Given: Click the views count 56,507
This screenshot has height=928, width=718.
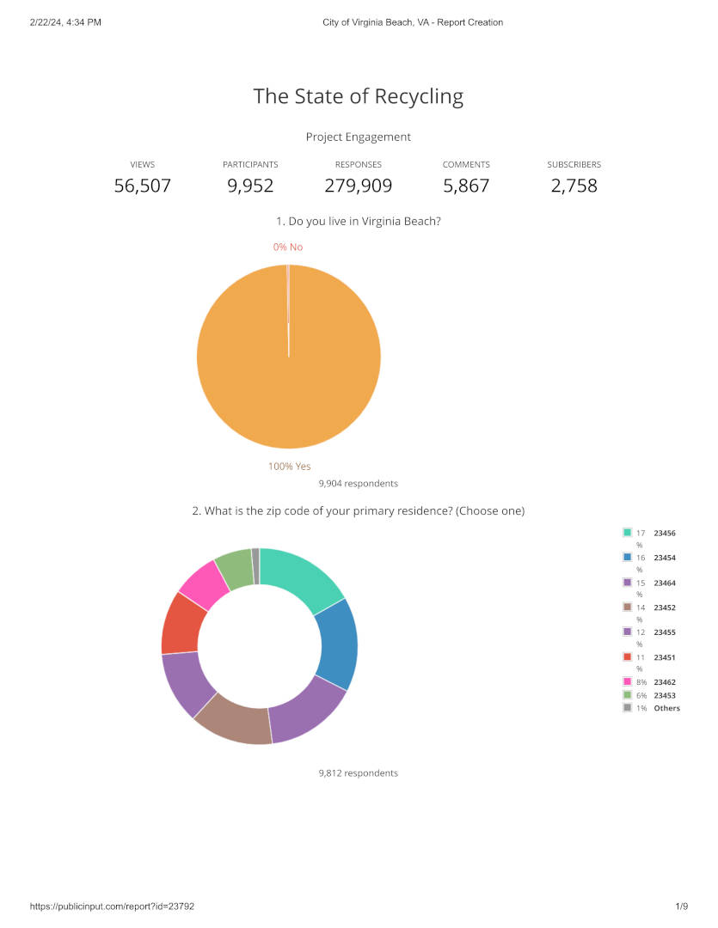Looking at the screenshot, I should [143, 186].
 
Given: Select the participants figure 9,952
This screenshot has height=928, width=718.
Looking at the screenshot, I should [250, 186].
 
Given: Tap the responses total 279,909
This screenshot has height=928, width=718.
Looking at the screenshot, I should [359, 186].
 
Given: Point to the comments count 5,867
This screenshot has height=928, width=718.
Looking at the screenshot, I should [466, 186].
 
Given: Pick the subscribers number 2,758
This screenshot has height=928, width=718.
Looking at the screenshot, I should [574, 186].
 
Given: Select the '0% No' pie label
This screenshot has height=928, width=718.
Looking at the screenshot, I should [288, 247].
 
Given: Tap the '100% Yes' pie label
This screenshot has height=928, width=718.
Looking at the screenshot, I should [290, 467].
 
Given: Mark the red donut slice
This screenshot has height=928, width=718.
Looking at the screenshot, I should [181, 624].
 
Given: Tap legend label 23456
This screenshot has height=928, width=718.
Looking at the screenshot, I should [665, 533].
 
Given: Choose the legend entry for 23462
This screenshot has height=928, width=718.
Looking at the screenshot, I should [665, 682].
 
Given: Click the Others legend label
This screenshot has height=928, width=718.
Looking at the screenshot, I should [666, 708].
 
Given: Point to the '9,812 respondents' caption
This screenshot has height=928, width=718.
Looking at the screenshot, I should [358, 773].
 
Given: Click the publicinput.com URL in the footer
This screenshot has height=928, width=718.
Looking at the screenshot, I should [118, 907].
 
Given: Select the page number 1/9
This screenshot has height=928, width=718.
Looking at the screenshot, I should [682, 907].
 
